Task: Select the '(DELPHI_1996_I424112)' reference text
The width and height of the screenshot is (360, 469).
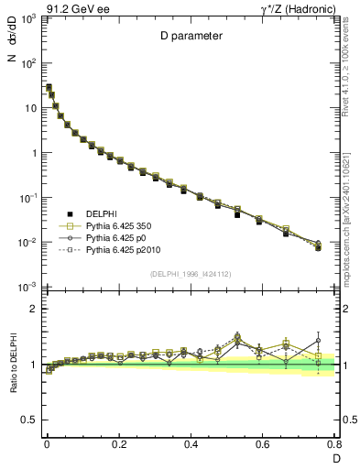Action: point(191,273)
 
